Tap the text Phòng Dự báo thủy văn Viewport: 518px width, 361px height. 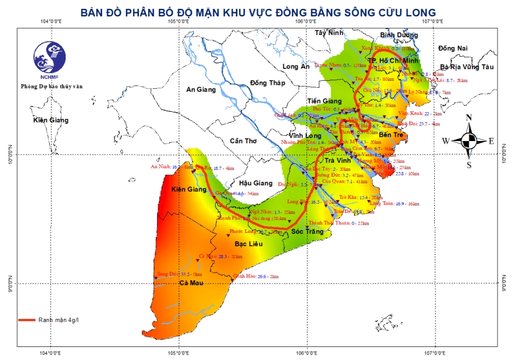click(x=52, y=85)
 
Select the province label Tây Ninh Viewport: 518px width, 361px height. click(x=328, y=33)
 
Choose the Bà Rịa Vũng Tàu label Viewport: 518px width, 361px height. click(x=467, y=67)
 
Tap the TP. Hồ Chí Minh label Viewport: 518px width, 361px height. click(x=393, y=61)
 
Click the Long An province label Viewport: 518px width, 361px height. click(x=296, y=67)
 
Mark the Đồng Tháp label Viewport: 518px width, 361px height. click(x=267, y=82)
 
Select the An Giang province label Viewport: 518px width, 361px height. click(x=201, y=90)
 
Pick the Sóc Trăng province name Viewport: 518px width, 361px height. click(x=307, y=232)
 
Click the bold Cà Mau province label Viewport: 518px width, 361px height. click(x=191, y=284)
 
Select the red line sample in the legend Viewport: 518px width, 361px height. click(x=27, y=320)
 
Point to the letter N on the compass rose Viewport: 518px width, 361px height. click(x=469, y=118)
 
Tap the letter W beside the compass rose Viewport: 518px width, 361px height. click(x=447, y=141)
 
